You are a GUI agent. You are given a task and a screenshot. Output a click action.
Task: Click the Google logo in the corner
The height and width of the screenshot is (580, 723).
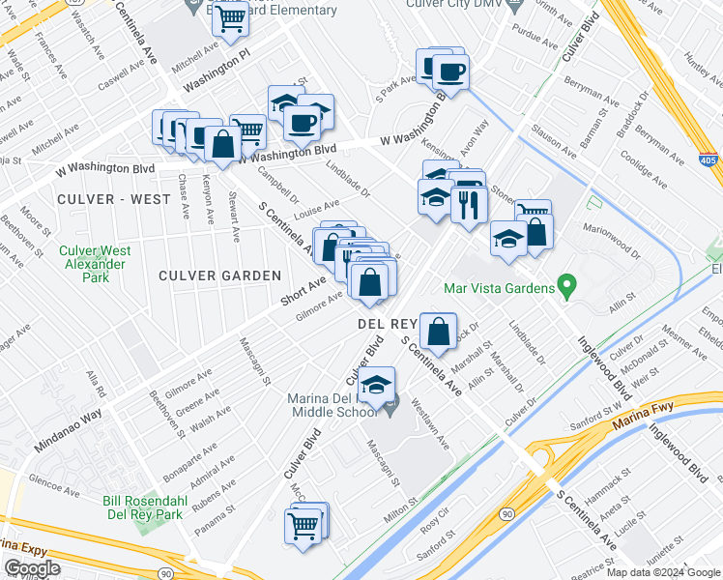tap(32, 568)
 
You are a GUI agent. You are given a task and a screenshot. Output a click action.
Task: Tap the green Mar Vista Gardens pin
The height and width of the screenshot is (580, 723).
tap(568, 287)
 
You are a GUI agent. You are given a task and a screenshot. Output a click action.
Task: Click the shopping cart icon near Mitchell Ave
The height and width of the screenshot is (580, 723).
tap(230, 17)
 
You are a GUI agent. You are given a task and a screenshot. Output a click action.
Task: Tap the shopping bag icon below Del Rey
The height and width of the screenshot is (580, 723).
tap(439, 331)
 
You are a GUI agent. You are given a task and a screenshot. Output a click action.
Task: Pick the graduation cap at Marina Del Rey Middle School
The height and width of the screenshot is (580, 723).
tap(377, 383)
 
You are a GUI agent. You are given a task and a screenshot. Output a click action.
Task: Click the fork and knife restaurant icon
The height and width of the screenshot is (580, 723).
tap(469, 205)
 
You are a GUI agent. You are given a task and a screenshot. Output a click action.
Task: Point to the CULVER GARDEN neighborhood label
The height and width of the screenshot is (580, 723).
tap(222, 275)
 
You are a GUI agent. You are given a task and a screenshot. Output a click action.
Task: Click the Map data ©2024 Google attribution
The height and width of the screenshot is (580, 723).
tap(662, 572)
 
